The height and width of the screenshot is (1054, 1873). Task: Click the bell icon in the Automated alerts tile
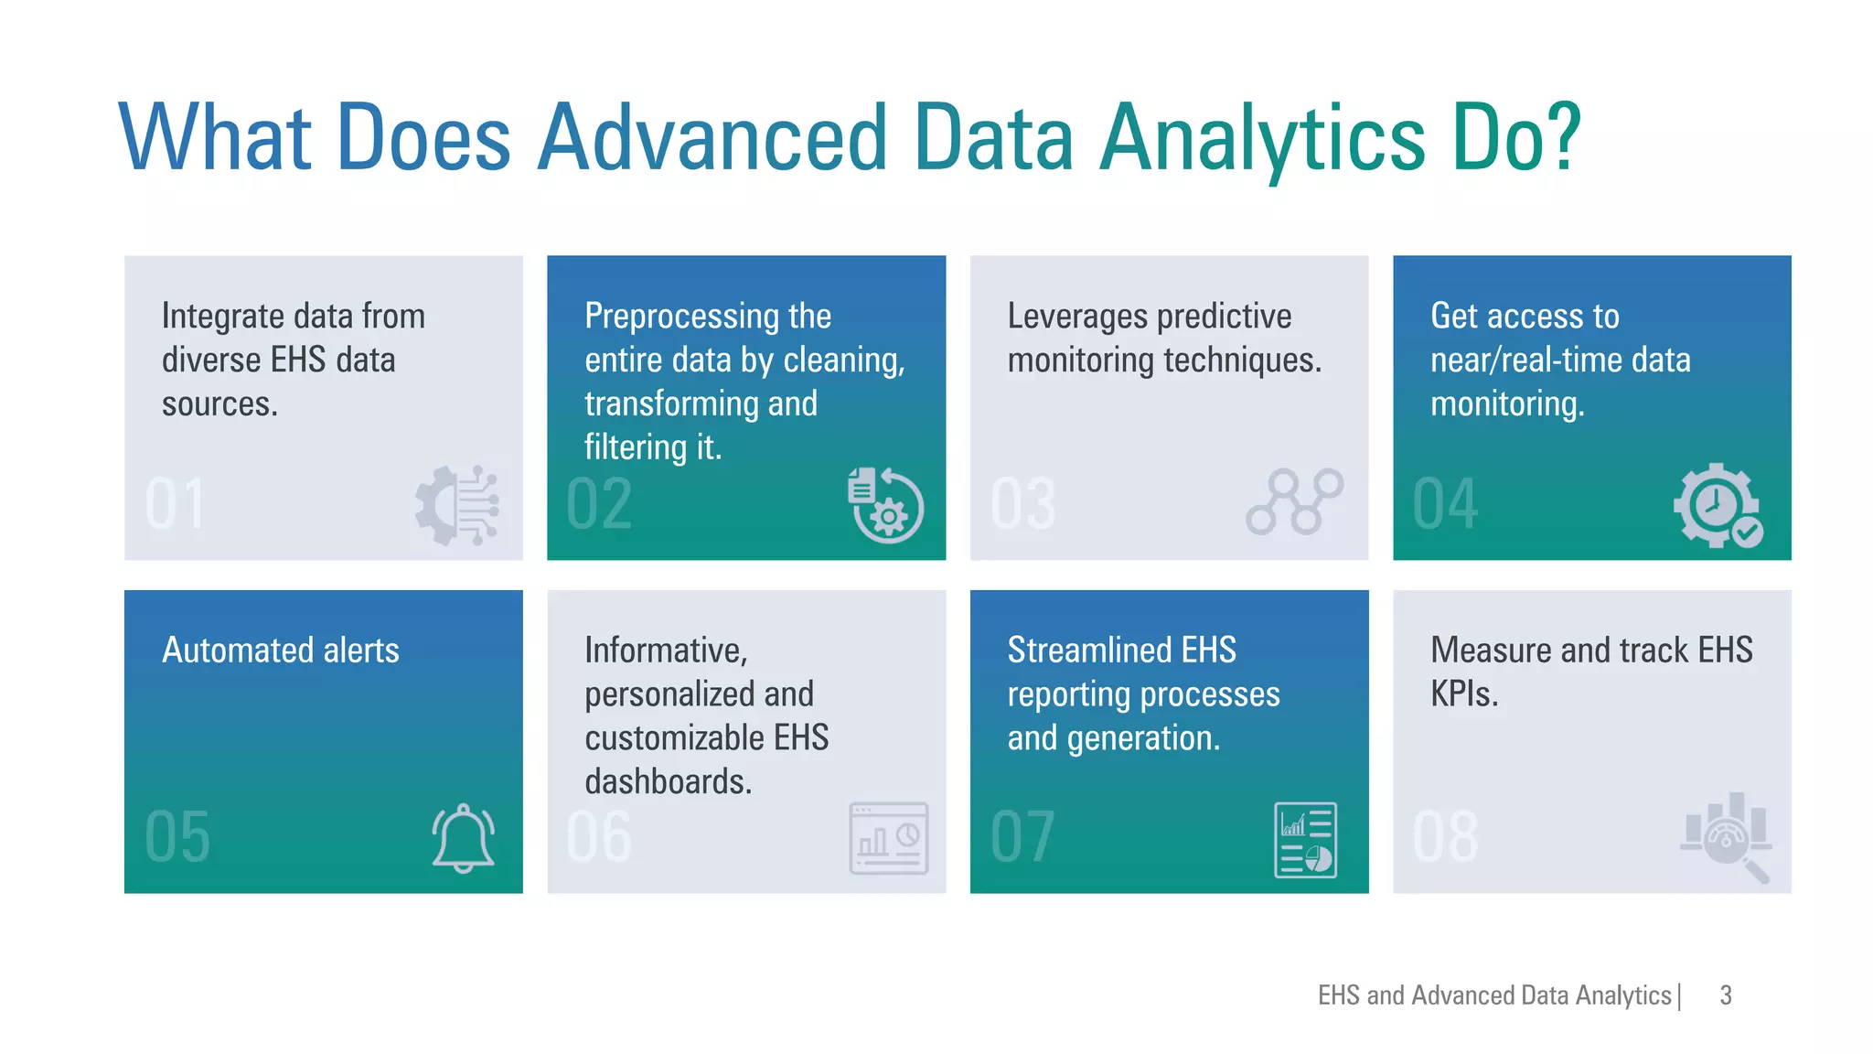point(463,838)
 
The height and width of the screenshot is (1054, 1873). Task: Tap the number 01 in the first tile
point(175,504)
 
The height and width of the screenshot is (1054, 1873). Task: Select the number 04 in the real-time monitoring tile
point(1444,504)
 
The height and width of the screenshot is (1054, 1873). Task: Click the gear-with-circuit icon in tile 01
point(456,506)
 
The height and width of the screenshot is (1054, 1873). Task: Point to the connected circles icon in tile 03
point(1294,501)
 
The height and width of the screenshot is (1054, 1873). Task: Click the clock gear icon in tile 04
point(1718,506)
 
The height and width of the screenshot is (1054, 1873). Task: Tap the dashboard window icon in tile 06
point(888,838)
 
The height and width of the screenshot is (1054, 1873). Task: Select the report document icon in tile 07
point(1305,840)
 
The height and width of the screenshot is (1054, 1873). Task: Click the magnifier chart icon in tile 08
point(1727,836)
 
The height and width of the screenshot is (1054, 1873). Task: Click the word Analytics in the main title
point(1262,137)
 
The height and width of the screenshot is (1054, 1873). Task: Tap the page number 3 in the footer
point(1725,995)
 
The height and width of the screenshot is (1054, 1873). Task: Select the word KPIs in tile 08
point(1463,694)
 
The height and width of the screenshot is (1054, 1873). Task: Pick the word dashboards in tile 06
point(668,782)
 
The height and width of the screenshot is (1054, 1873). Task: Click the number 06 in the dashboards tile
point(599,837)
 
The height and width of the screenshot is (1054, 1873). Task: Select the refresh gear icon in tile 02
point(884,506)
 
